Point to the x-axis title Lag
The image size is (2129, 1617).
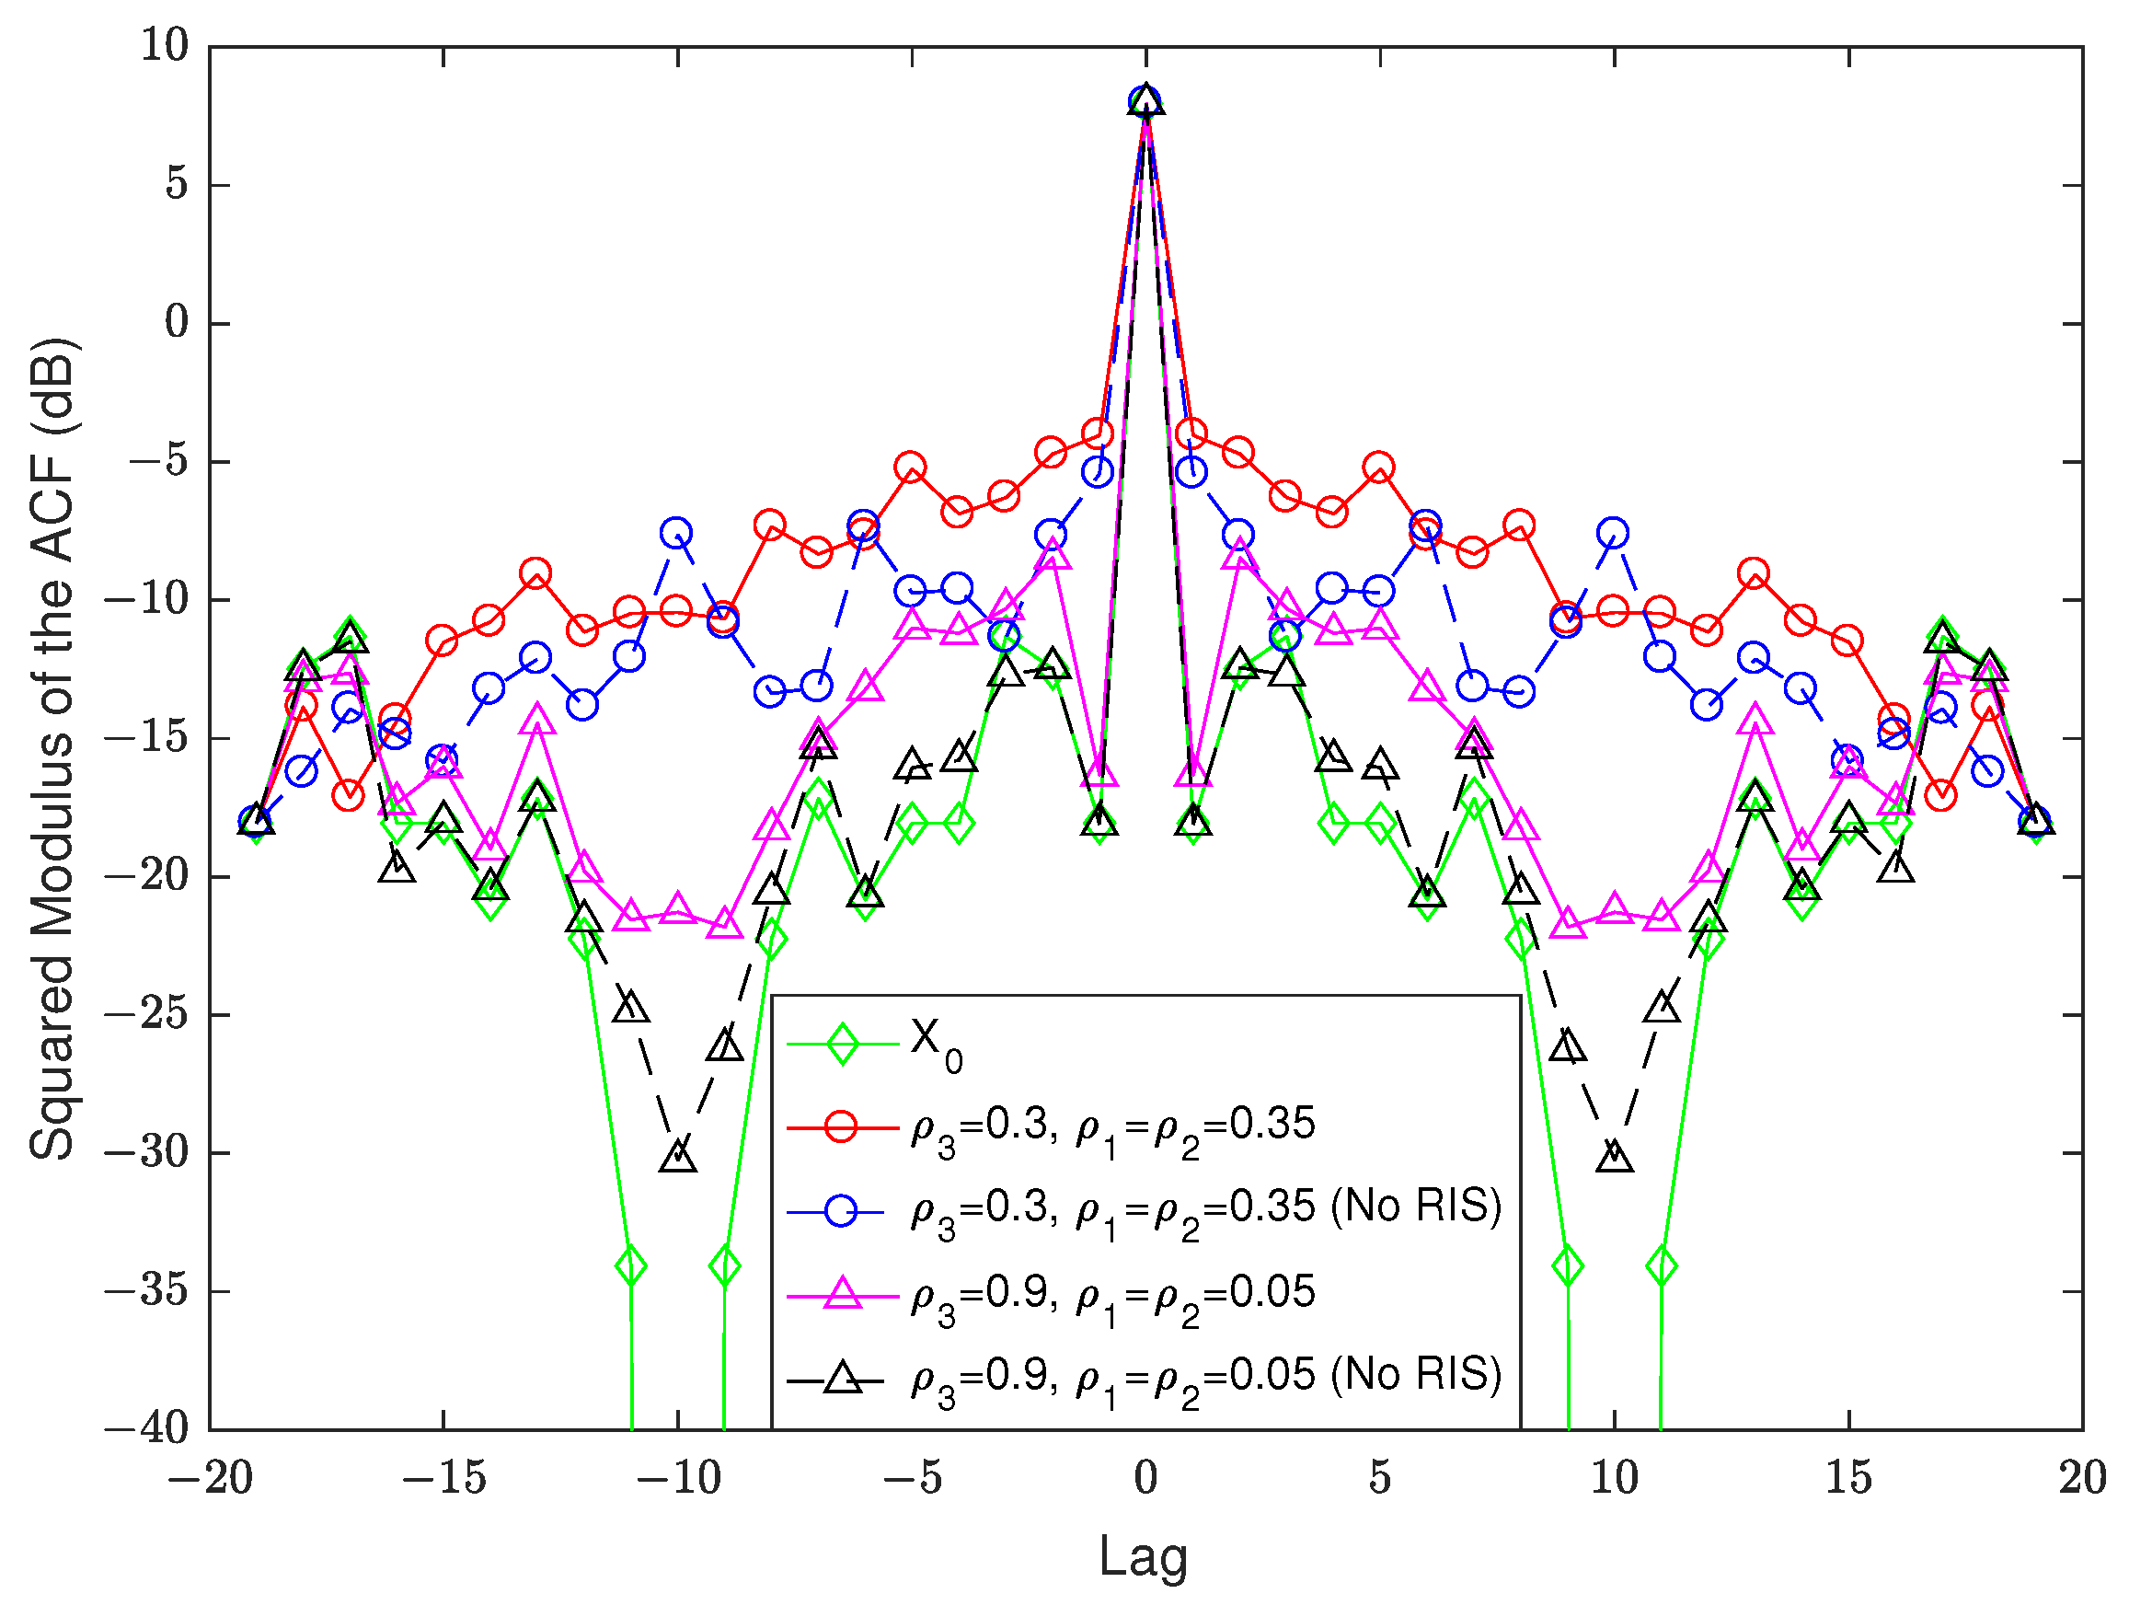[1144, 1556]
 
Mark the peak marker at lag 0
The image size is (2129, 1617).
[1145, 100]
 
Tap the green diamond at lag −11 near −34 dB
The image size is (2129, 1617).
[631, 1265]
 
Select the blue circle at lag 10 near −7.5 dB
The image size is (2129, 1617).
[1613, 532]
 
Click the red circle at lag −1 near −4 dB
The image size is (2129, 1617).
[1099, 434]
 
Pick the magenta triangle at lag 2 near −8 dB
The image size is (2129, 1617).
[1239, 554]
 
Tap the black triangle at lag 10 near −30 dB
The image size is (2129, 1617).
[1614, 1155]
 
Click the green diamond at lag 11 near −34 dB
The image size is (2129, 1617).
[1662, 1265]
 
